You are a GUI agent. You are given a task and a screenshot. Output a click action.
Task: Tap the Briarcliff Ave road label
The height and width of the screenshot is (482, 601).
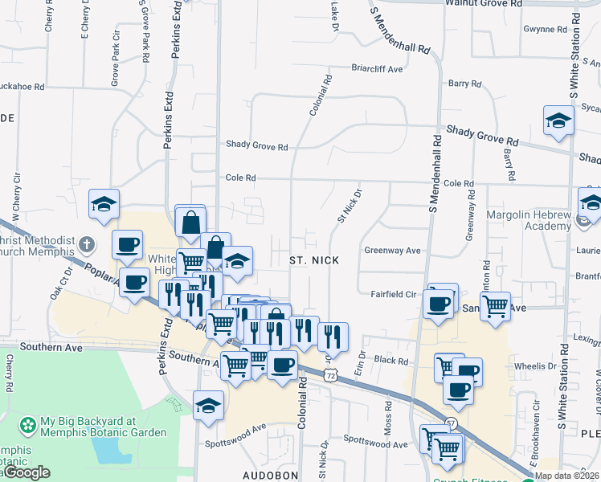click(x=377, y=69)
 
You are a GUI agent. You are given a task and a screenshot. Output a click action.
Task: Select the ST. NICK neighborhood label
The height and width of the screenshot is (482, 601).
click(x=314, y=260)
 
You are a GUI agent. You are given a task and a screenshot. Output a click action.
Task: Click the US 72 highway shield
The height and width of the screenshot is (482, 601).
click(x=330, y=375)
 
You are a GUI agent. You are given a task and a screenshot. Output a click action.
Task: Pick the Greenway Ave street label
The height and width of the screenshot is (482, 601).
click(x=393, y=251)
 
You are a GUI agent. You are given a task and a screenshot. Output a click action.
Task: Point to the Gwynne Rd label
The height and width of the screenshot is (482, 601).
click(x=545, y=30)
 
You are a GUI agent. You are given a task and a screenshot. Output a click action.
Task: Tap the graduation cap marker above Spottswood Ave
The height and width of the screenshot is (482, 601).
click(x=208, y=405)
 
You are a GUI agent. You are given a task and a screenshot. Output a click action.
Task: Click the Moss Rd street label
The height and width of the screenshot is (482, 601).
click(x=388, y=415)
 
